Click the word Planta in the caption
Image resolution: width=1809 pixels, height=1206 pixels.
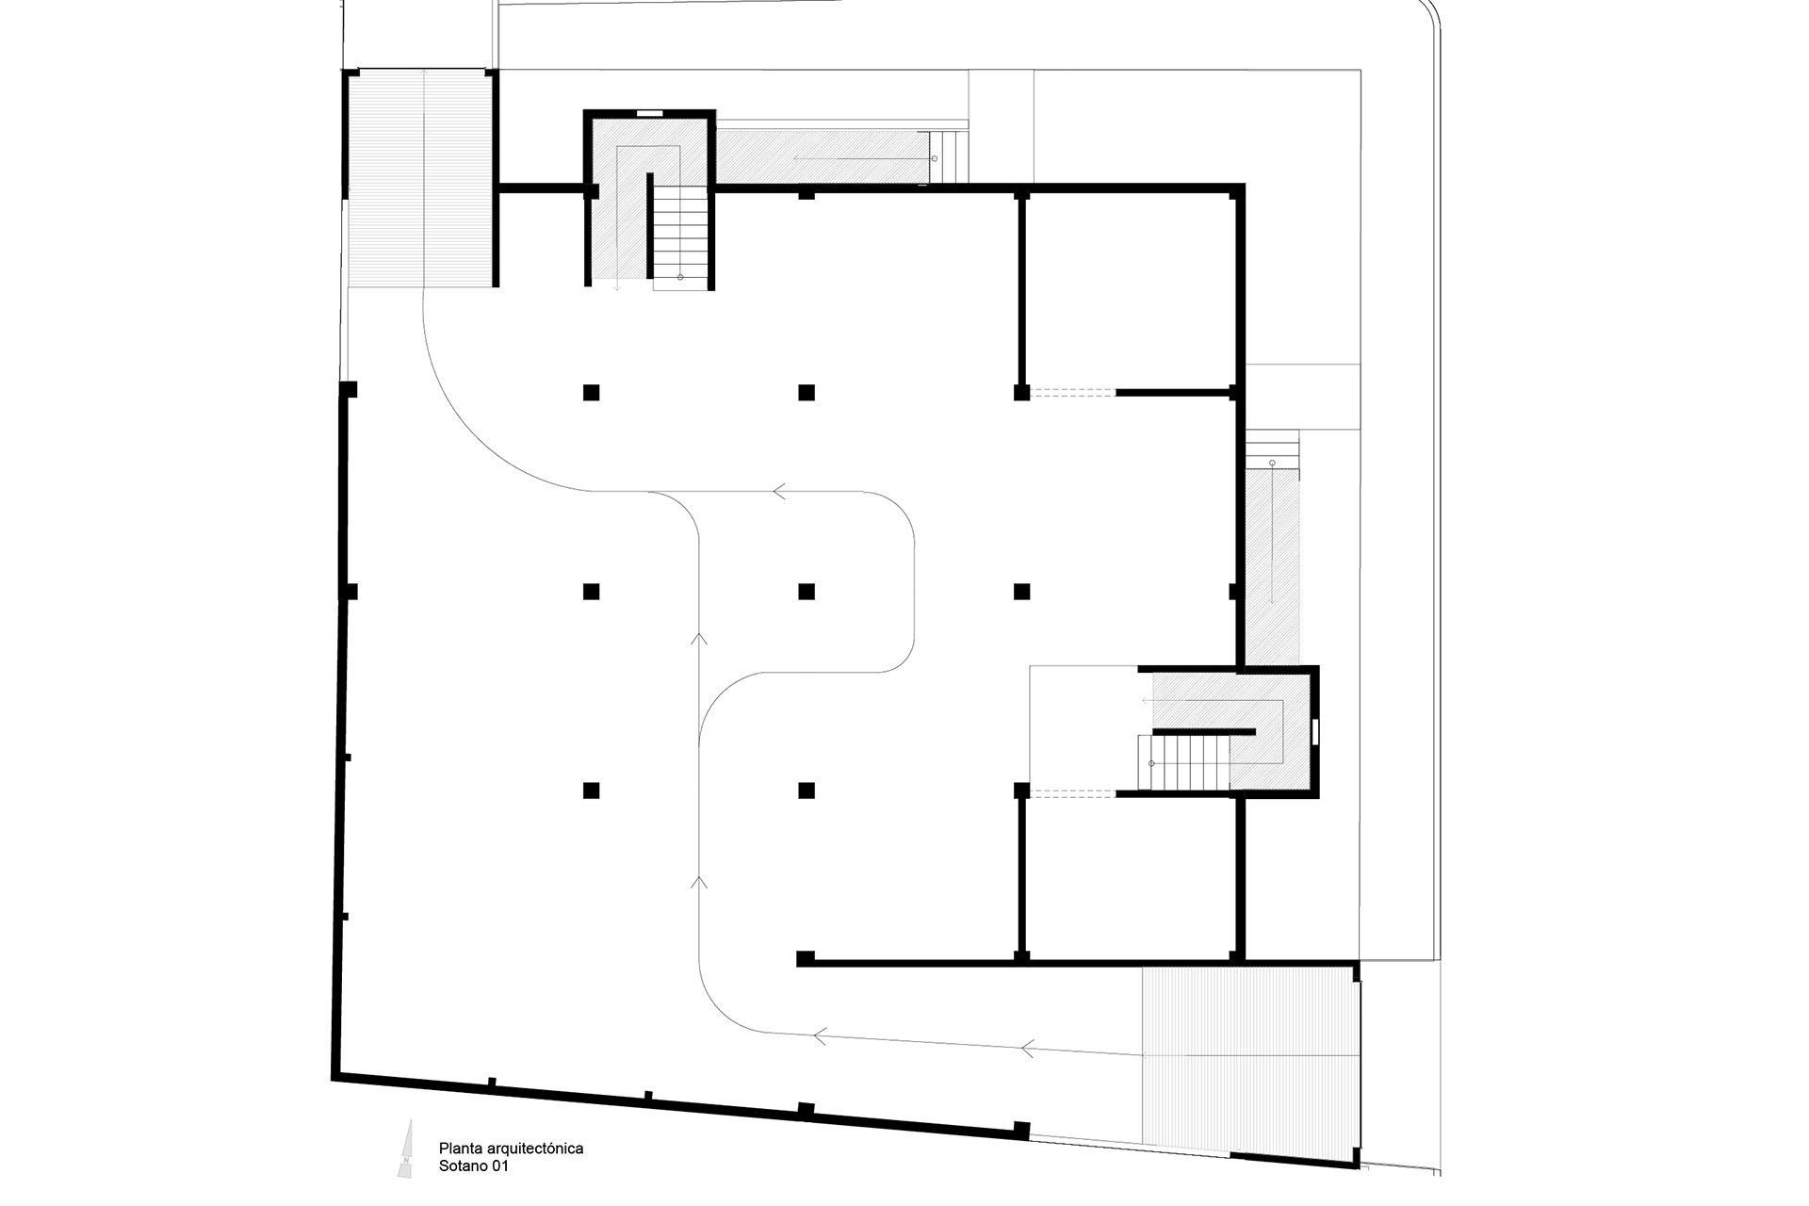pos(458,1149)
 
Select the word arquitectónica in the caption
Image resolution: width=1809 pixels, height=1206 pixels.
pos(532,1149)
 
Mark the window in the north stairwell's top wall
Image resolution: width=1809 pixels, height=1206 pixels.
pos(649,114)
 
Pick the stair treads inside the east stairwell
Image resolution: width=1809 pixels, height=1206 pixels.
pos(1188,762)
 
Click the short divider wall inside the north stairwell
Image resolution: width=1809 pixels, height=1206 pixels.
pos(649,225)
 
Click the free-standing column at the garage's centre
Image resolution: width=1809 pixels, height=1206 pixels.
pos(807,592)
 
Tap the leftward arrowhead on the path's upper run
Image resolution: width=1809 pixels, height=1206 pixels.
pos(780,491)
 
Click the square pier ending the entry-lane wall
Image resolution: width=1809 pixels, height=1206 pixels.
pos(806,959)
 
